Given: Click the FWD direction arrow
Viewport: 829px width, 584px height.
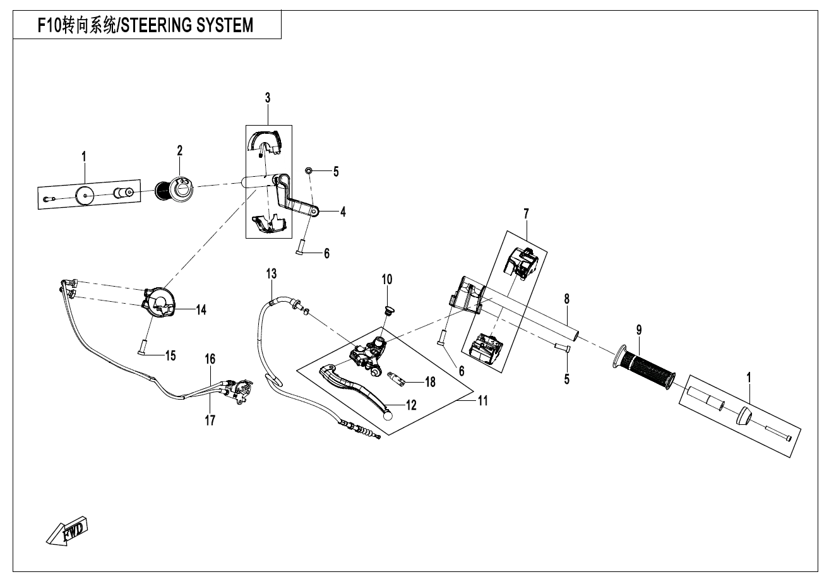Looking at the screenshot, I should pos(68,528).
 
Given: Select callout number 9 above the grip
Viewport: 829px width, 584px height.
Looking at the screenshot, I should pos(639,329).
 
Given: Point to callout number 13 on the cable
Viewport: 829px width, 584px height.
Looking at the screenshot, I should pos(271,274).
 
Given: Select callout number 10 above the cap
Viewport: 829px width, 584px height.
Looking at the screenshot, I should pos(386,278).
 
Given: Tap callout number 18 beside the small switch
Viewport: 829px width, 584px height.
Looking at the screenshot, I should pos(430,382).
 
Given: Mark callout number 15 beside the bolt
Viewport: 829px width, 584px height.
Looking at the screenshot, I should pos(170,355).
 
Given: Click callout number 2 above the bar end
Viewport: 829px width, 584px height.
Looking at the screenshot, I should pos(180,150).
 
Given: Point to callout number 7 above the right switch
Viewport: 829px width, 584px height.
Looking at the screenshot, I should pos(525,215).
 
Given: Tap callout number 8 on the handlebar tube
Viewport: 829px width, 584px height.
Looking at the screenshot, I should pos(567,297).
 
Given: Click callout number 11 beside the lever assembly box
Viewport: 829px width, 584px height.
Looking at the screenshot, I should pos(483,400).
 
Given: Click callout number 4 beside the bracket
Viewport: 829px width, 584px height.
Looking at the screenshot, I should pos(343,212).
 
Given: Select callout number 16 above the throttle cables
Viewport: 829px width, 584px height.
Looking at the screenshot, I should pos(210,359).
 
